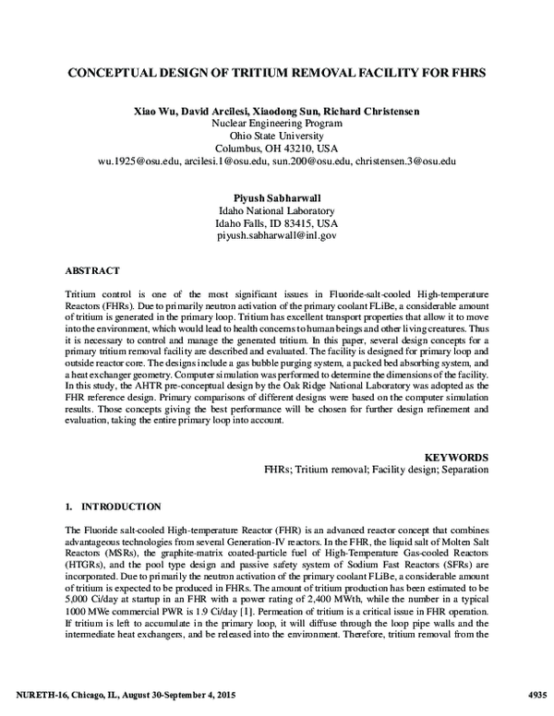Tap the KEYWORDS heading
pos(456,456)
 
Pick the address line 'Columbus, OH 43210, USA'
pos(276,148)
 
